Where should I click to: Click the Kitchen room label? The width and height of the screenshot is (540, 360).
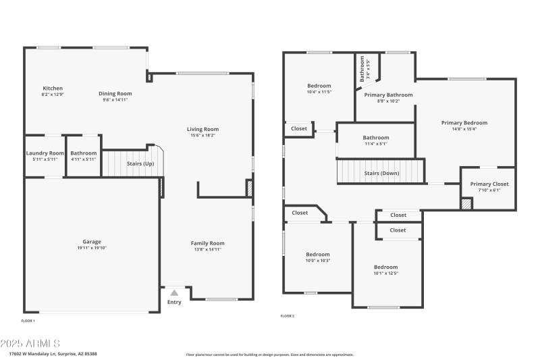click(x=53, y=88)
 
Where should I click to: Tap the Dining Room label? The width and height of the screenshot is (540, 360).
click(x=115, y=94)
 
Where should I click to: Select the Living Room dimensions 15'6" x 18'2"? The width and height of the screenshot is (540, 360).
click(x=202, y=135)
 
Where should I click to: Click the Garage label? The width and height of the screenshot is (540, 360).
click(x=92, y=242)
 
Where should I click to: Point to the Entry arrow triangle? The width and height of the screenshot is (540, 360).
click(x=174, y=292)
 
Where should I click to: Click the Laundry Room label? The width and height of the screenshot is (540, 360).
click(x=45, y=153)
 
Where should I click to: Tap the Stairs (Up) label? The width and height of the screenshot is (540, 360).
click(x=140, y=163)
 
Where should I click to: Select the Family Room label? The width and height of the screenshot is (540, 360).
click(x=207, y=243)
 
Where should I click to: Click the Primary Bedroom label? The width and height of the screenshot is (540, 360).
click(x=464, y=123)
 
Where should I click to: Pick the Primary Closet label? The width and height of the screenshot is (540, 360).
click(x=489, y=184)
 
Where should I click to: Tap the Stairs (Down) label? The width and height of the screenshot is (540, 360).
click(x=381, y=173)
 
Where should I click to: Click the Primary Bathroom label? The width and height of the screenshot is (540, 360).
click(x=388, y=95)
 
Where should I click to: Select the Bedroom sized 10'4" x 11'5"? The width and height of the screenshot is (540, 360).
click(x=319, y=86)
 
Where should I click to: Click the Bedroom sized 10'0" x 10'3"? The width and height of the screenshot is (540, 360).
click(x=318, y=255)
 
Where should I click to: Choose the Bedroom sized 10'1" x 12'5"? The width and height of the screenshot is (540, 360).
click(x=386, y=267)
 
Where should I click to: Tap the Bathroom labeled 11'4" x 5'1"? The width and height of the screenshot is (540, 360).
click(x=376, y=138)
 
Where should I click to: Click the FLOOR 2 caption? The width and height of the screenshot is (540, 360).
click(x=288, y=315)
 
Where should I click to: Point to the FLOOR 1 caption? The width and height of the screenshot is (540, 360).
click(x=28, y=320)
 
